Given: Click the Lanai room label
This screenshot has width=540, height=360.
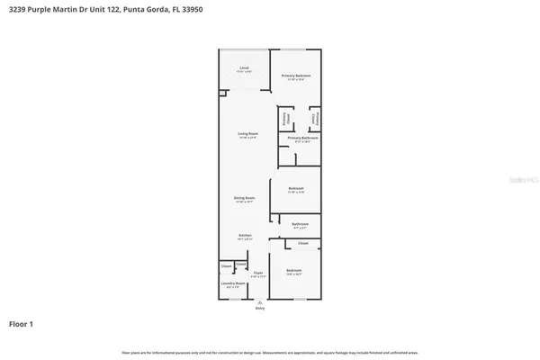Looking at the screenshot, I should point(243,68).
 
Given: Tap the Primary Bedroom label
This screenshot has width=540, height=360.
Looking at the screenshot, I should point(296,76).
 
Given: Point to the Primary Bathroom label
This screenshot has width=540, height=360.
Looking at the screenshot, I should point(299,139).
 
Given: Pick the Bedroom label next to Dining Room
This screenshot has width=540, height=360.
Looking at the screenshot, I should point(296,190).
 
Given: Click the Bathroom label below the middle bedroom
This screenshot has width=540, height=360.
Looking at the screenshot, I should point(301,224).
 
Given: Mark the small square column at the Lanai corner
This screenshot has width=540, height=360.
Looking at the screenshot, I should point(221,92).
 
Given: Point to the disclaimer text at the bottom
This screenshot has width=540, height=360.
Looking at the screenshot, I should point(269,352).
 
